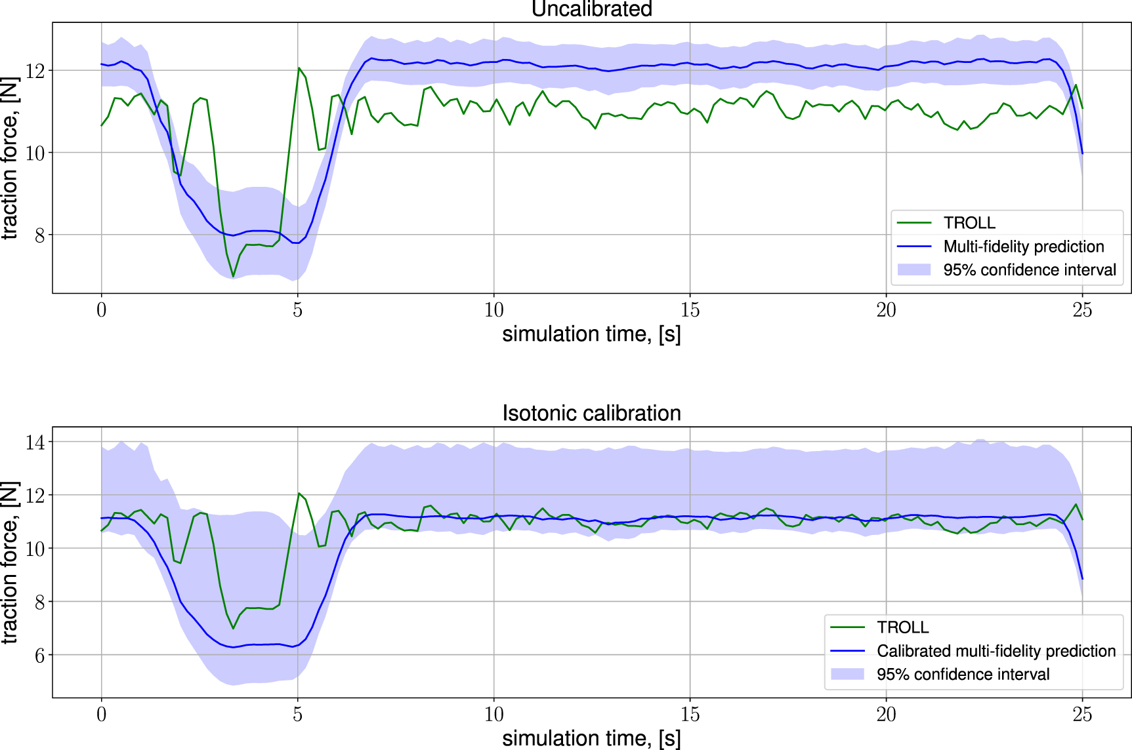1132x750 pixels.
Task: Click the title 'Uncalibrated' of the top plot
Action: tap(591, 9)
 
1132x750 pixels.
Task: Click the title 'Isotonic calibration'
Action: tap(591, 413)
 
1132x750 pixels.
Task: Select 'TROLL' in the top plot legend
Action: tap(969, 223)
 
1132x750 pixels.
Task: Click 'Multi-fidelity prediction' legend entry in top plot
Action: tap(1023, 247)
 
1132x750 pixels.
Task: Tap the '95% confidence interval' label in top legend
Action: tap(1029, 270)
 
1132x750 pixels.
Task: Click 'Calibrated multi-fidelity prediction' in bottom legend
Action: tap(996, 651)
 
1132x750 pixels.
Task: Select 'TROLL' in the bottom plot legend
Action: tap(902, 627)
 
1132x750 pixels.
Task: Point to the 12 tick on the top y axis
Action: tap(35, 71)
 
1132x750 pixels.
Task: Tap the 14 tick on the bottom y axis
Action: tap(35, 442)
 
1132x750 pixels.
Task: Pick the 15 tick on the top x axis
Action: tap(690, 310)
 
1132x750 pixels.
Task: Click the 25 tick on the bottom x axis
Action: tap(1081, 714)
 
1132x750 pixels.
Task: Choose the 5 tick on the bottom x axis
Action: tap(297, 714)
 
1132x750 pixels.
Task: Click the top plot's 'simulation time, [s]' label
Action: tap(591, 334)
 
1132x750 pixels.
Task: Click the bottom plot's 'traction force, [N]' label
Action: tap(10, 562)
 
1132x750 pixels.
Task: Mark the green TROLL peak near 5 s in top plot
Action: tap(299, 68)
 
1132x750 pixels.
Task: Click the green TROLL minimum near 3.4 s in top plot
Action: tap(233, 276)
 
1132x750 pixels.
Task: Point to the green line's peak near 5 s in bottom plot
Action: tap(299, 493)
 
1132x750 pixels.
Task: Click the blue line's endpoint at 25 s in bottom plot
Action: tap(1081, 579)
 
